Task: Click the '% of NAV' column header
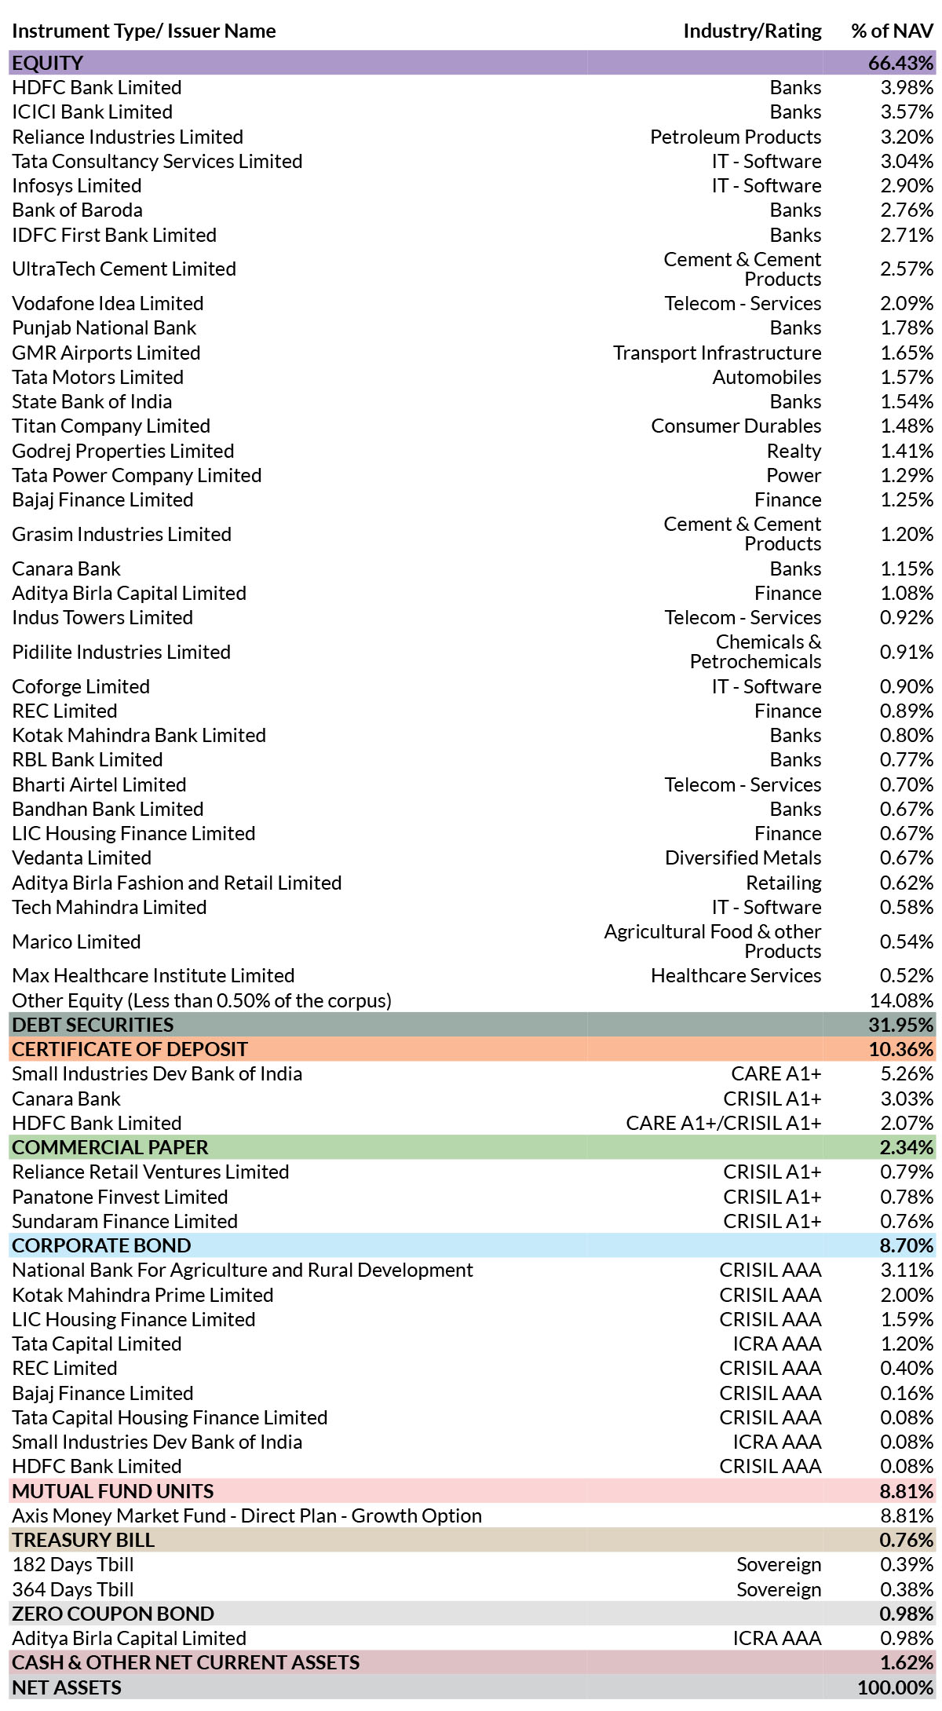(893, 31)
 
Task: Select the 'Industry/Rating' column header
(752, 31)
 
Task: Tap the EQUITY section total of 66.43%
(901, 63)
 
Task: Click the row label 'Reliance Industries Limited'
(127, 137)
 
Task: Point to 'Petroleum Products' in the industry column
(736, 137)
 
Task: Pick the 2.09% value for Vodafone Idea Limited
(907, 303)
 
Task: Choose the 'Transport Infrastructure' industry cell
(717, 353)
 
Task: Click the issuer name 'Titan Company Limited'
(111, 426)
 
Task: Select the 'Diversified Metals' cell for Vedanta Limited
(743, 857)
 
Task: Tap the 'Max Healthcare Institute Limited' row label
(153, 975)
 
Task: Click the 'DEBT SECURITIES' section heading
(93, 1025)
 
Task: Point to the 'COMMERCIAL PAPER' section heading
(110, 1147)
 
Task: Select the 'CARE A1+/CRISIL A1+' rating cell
(724, 1123)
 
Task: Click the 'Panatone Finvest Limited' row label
(120, 1197)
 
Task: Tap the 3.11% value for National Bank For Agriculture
(907, 1270)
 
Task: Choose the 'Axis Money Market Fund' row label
(246, 1515)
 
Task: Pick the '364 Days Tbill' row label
(73, 1589)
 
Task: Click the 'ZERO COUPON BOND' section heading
(113, 1614)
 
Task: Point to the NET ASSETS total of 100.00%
(896, 1687)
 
